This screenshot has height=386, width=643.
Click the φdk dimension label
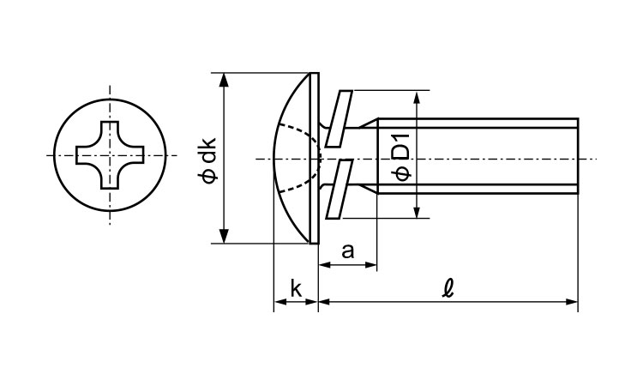coord(208,160)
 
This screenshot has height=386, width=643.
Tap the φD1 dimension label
coord(401,157)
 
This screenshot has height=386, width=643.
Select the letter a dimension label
coord(347,251)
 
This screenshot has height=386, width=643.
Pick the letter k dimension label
coord(296,289)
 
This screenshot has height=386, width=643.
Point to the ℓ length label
coord(448,289)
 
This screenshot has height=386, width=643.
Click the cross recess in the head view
coord(110,155)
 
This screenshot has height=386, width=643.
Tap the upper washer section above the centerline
coord(339,118)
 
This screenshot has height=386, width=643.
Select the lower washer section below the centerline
coord(339,189)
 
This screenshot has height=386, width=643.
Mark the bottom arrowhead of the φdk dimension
coord(224,236)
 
